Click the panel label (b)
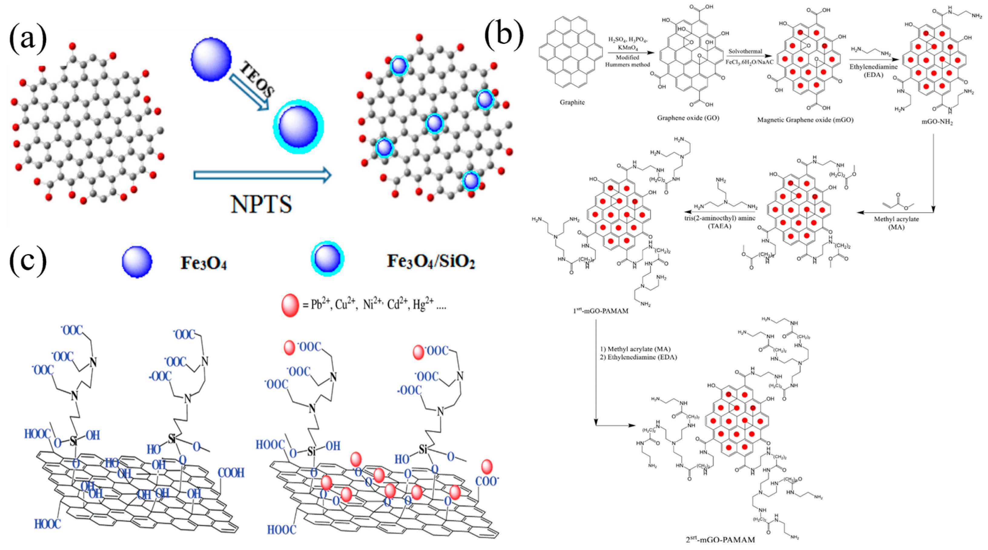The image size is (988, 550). click(x=504, y=34)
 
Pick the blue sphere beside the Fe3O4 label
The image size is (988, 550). click(x=137, y=262)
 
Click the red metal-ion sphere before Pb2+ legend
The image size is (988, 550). click(x=290, y=305)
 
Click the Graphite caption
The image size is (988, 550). click(x=572, y=102)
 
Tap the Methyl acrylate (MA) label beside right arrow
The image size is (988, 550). click(x=896, y=223)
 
